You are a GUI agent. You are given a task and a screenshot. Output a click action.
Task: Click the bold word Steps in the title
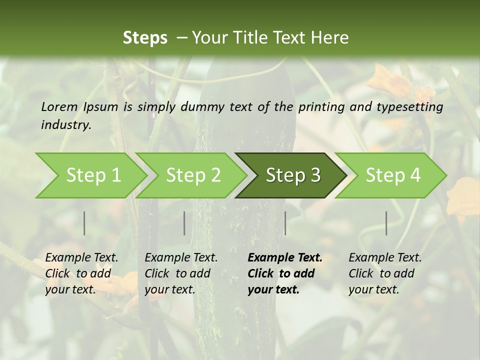coord(145,38)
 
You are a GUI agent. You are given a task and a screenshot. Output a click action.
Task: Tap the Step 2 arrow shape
coord(193,175)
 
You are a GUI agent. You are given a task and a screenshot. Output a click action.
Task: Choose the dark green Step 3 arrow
coord(292,175)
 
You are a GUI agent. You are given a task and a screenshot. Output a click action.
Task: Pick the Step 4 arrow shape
coord(392,175)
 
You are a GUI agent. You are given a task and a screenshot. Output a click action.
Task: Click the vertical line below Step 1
coord(84,223)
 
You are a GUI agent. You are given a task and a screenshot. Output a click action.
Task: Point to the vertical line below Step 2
coord(184,223)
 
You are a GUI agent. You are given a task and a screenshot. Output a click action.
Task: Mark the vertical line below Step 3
coord(285,223)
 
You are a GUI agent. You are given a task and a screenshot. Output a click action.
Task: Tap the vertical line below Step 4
coord(386,223)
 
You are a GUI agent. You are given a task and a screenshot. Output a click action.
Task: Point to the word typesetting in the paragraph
coord(410,106)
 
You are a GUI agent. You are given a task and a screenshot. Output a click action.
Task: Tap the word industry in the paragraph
coord(66,124)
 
